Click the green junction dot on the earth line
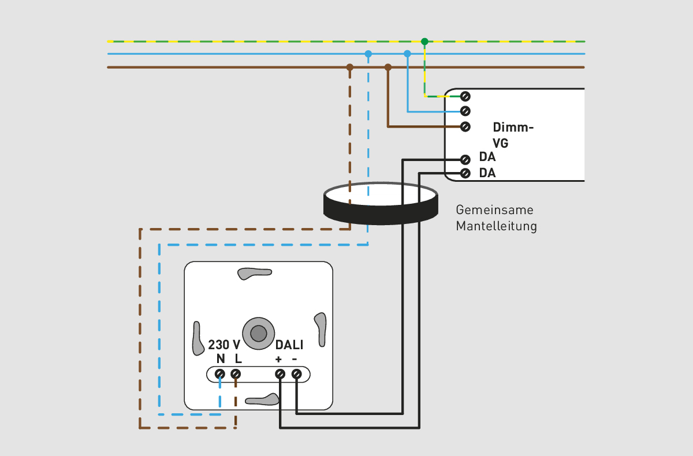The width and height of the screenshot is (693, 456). [x=424, y=42]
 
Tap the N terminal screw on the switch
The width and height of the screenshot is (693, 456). [x=220, y=374]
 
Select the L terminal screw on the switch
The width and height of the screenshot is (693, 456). [x=236, y=374]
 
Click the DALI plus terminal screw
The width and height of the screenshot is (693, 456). [x=280, y=374]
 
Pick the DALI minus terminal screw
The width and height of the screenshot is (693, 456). [x=296, y=374]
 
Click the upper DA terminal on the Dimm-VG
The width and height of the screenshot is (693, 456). [x=465, y=159]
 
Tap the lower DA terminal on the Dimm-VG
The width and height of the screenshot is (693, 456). [x=465, y=173]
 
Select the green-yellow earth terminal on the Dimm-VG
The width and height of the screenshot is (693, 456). [x=465, y=96]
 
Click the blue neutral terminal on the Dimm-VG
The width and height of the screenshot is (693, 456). [x=465, y=111]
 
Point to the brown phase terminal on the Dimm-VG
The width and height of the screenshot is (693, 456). [x=465, y=127]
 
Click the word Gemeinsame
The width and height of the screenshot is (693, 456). [x=494, y=210]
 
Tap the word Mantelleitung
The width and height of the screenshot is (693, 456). [x=496, y=226]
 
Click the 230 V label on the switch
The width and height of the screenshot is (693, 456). [x=224, y=345]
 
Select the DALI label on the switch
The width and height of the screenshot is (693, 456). [x=289, y=345]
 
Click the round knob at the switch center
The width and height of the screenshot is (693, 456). [x=259, y=333]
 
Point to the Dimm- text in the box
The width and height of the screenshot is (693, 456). [x=513, y=128]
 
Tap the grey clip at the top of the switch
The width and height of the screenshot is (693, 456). [x=255, y=273]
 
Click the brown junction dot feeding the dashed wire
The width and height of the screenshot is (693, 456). [x=349, y=67]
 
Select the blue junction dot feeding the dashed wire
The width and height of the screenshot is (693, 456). [x=368, y=54]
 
